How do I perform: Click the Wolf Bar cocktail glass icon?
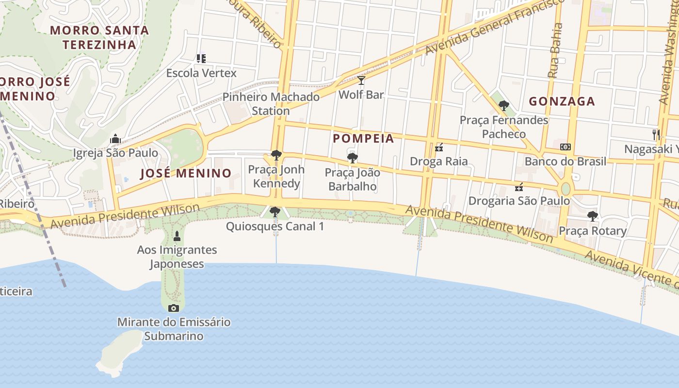[x=361, y=81]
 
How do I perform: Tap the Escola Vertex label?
[x=201, y=73]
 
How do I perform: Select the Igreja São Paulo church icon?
[x=115, y=139]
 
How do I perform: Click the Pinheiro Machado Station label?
[x=271, y=104]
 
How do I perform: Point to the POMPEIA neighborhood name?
[x=363, y=139]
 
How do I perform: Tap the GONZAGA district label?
[x=562, y=101]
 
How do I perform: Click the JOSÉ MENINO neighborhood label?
[x=186, y=174]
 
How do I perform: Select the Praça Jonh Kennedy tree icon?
[x=276, y=155]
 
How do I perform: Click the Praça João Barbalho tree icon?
[x=353, y=158]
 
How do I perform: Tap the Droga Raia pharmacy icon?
[x=439, y=147]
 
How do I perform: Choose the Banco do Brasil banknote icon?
[x=566, y=147]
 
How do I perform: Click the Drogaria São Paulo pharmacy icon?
[x=519, y=187]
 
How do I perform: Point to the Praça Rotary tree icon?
[x=592, y=216]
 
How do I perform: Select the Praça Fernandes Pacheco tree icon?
[x=504, y=105]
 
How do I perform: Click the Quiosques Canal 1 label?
[x=275, y=226]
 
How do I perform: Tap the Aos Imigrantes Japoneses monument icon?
[x=177, y=236]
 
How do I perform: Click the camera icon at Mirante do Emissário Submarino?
[x=174, y=308]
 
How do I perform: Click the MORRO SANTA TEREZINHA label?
[x=99, y=37]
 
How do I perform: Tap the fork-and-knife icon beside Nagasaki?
[x=656, y=135]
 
